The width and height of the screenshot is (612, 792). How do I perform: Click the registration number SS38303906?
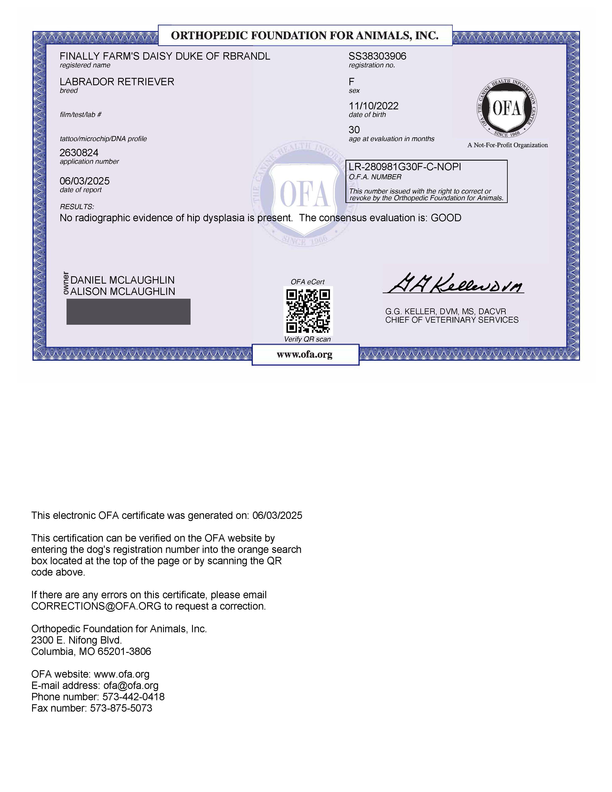(377, 56)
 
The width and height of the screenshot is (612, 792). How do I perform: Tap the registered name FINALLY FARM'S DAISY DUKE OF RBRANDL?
(165, 56)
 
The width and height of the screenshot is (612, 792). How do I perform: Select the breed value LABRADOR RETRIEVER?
(117, 82)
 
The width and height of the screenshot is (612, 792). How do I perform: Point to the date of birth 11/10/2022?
(373, 106)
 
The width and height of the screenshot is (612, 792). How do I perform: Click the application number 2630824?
(79, 153)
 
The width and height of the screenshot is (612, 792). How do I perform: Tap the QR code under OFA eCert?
(308, 311)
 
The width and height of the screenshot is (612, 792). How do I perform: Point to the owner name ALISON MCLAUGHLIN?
(123, 292)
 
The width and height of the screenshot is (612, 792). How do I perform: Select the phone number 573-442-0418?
(133, 697)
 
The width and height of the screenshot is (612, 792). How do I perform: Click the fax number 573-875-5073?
(121, 708)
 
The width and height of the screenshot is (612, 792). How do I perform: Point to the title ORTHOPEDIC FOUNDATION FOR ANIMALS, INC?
(305, 35)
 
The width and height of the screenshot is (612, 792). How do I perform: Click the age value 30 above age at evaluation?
(354, 130)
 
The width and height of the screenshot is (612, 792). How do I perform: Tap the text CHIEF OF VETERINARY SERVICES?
(452, 320)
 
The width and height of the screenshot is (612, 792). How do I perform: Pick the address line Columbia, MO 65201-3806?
(91, 652)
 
